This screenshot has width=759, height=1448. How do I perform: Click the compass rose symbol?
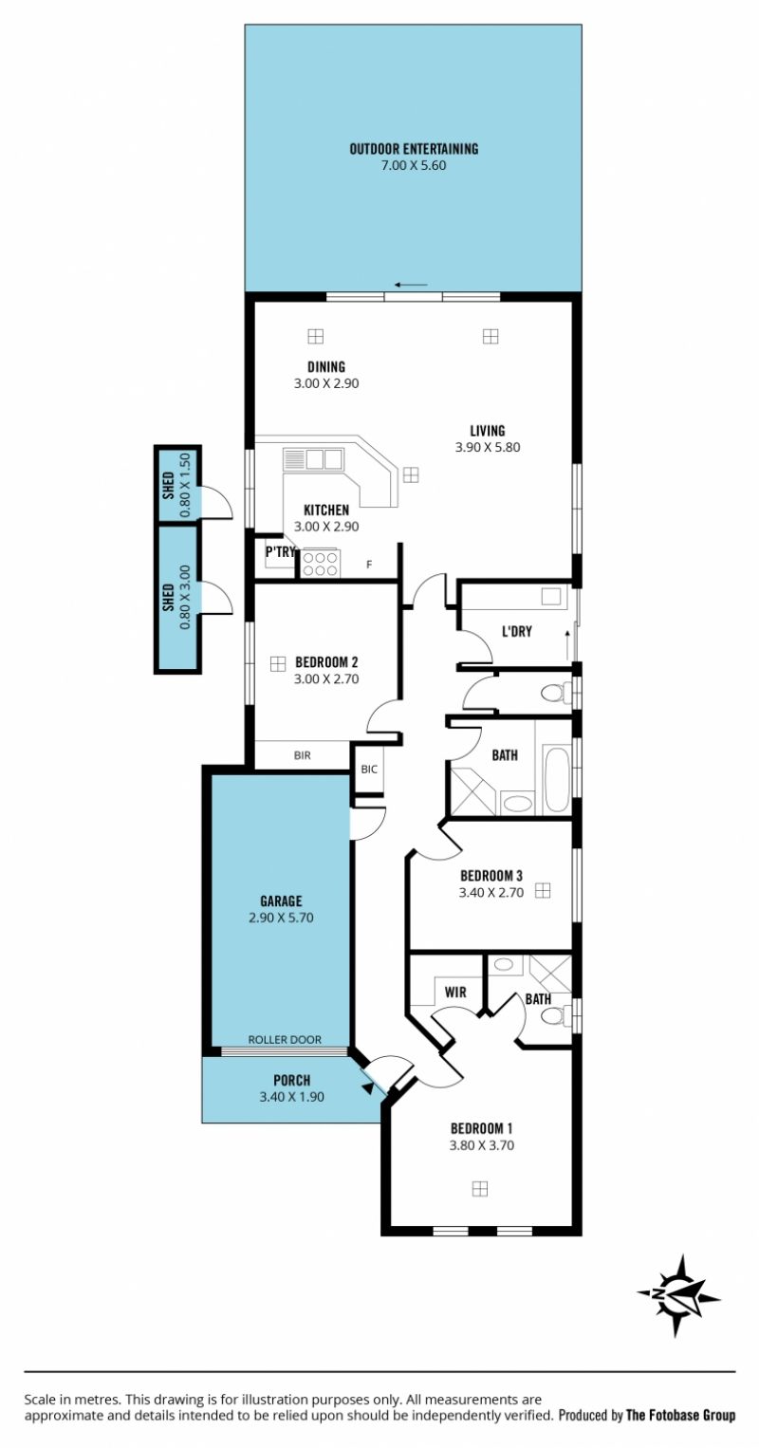[678, 1295]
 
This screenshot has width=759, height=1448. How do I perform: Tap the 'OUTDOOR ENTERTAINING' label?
[414, 149]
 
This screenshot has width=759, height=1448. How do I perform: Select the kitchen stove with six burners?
[320, 563]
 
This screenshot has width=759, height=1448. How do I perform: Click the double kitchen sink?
[313, 459]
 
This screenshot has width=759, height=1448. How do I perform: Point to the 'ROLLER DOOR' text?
[285, 1039]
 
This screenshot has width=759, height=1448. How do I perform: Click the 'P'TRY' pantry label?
[280, 552]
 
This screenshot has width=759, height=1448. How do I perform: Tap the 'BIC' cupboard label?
[369, 770]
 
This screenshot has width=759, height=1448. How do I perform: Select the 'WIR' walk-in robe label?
[455, 992]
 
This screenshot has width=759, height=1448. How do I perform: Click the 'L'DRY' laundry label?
[516, 631]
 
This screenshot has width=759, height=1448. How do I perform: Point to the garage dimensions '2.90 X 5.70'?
[281, 918]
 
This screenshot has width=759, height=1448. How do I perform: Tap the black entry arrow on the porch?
[368, 1088]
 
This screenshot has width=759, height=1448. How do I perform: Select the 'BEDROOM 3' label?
[491, 876]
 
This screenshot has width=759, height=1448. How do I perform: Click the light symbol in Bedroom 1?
[479, 1189]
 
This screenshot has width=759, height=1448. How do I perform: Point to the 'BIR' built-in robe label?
[302, 755]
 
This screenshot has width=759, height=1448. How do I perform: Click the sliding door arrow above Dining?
[411, 285]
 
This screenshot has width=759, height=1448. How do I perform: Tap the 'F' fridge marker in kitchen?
[369, 565]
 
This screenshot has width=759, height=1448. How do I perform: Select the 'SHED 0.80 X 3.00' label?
[176, 597]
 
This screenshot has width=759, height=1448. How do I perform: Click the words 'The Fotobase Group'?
[681, 1415]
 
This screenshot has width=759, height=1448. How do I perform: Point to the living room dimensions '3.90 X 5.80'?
[488, 447]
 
